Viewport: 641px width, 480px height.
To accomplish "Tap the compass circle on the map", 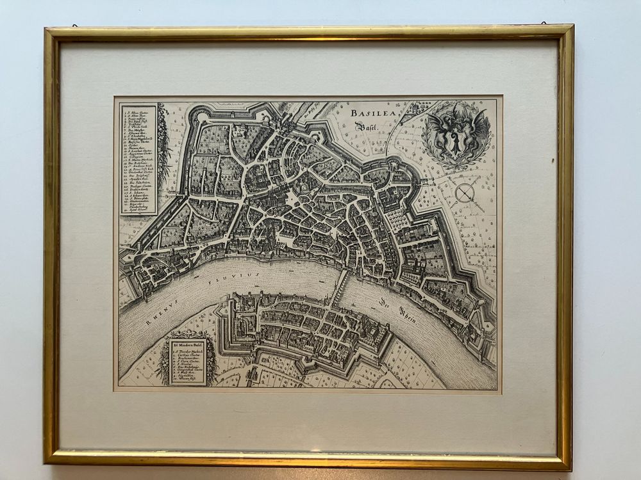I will [x=464, y=191].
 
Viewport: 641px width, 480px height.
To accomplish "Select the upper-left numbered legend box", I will [x=138, y=159].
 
